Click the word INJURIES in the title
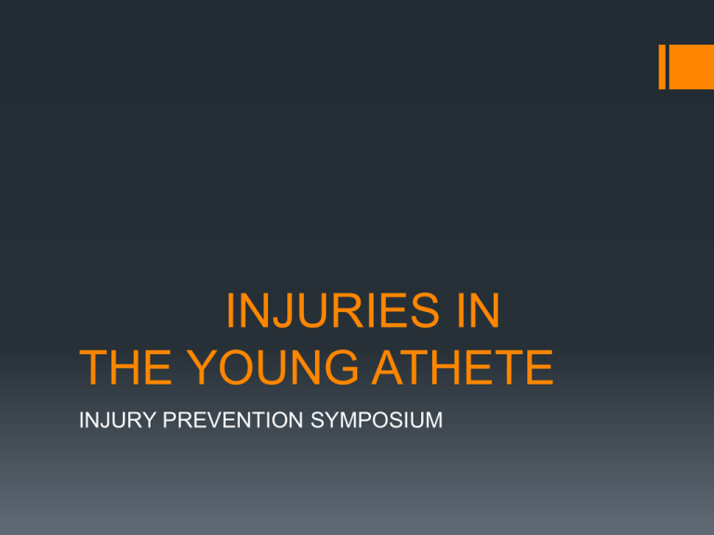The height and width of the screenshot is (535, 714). pos(333,310)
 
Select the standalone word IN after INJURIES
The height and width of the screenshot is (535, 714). pos(479,310)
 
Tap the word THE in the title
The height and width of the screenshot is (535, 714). pos(126,368)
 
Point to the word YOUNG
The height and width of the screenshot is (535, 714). pos(272,368)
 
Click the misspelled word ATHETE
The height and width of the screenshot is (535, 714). pos(463,368)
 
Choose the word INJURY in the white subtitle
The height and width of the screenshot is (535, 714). pos(117,420)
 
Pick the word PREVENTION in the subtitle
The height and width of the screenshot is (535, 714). pos(232,420)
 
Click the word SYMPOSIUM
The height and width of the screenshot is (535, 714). pos(377,420)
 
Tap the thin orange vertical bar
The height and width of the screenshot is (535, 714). pos(662,67)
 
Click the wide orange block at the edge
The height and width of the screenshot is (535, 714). pos(692,67)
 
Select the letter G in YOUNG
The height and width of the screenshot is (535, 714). pos(340,368)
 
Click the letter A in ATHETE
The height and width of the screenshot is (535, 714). pos(390,368)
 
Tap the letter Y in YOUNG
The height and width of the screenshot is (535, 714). pos(202,368)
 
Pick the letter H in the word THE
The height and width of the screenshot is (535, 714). pos(125,368)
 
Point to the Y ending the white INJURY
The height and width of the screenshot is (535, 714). pos(149,420)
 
